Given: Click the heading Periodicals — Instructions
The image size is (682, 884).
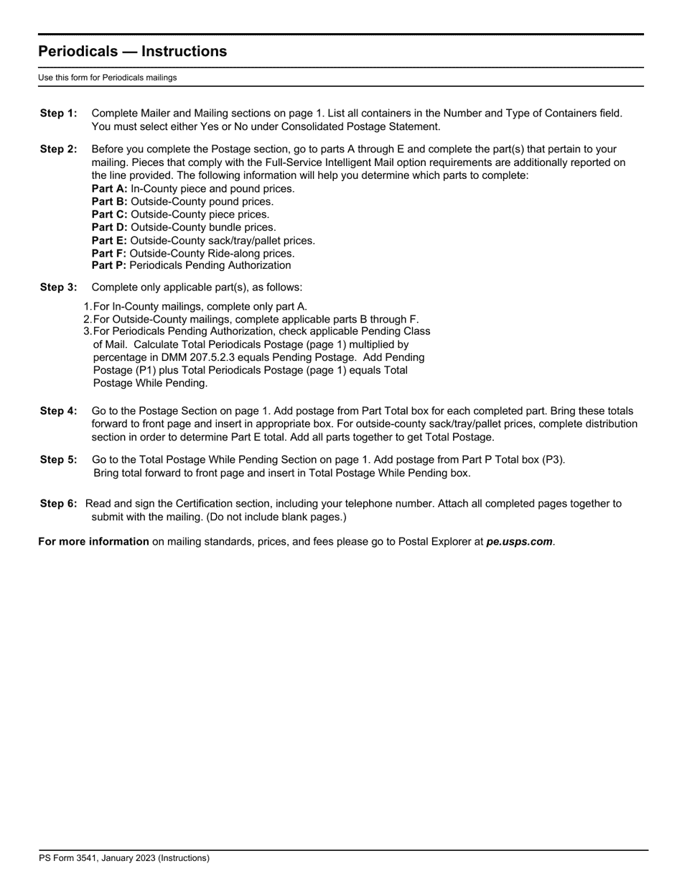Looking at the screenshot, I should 132,52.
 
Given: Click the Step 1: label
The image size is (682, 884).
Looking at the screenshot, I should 58,114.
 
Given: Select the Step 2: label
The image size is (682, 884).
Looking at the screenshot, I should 58,149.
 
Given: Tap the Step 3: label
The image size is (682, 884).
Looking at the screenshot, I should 58,287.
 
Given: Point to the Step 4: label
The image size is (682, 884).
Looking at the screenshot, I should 58,411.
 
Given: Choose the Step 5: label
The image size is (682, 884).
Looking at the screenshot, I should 58,460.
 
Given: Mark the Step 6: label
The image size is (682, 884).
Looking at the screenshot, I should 58,504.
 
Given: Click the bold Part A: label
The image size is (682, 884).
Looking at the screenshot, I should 109,189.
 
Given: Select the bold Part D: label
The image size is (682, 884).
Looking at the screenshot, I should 109,228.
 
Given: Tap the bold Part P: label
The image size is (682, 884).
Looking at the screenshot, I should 109,266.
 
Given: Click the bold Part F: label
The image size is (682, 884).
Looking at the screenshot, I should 109,254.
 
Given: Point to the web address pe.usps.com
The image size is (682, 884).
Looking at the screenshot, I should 519,542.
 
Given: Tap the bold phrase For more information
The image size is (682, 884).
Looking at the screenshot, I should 93,542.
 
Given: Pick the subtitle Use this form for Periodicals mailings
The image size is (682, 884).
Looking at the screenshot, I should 108,78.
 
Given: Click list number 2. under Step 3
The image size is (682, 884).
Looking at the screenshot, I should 88,319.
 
